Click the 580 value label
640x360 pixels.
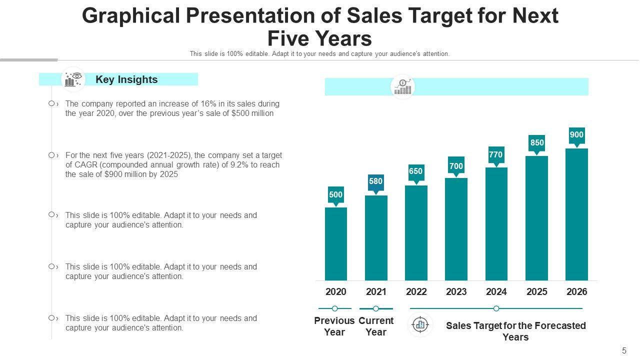(375, 181)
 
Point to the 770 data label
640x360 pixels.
(495, 155)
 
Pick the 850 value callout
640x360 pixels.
(537, 142)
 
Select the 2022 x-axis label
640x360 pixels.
(416, 292)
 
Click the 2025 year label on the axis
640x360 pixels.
(536, 292)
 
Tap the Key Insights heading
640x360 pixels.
(126, 79)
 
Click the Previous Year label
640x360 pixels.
(334, 326)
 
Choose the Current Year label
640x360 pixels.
(376, 326)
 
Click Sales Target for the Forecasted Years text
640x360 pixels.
(515, 331)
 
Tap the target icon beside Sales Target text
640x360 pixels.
(420, 325)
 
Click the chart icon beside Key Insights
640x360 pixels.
(73, 79)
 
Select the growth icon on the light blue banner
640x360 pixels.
(402, 87)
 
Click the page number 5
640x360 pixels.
(624, 350)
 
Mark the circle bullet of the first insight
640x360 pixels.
(51, 103)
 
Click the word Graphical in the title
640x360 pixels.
(130, 16)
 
